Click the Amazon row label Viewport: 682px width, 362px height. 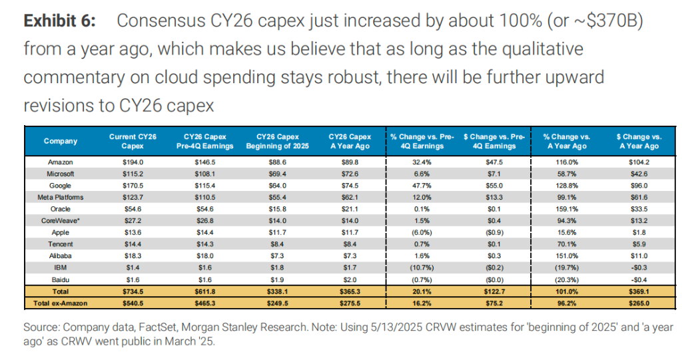pyautogui.click(x=61, y=162)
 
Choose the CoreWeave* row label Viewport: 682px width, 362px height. pyautogui.click(x=61, y=221)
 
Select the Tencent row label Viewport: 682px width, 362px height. pyautogui.click(x=61, y=245)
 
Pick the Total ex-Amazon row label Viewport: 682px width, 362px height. pyautogui.click(x=61, y=303)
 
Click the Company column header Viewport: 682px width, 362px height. pyautogui.click(x=61, y=141)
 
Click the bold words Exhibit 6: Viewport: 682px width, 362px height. pyautogui.click(x=59, y=21)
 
